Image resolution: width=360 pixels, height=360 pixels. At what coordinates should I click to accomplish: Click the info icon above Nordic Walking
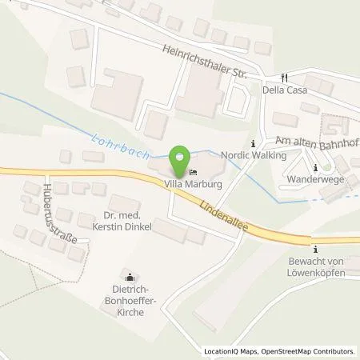pos(254,144)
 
